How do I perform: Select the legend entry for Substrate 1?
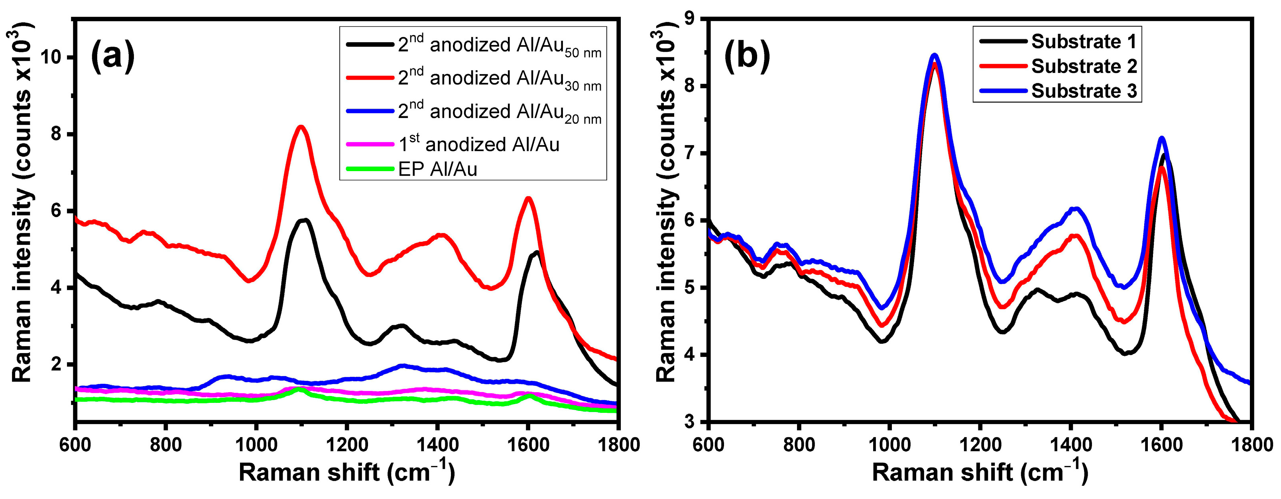pos(1084,42)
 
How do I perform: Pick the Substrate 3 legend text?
pos(1084,91)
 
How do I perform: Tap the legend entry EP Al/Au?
pos(438,170)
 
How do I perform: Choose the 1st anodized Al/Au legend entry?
pos(478,144)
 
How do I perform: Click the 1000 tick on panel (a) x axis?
pos(256,444)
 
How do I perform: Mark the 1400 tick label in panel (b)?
pos(1070,444)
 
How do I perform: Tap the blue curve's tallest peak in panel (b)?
pos(935,55)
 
